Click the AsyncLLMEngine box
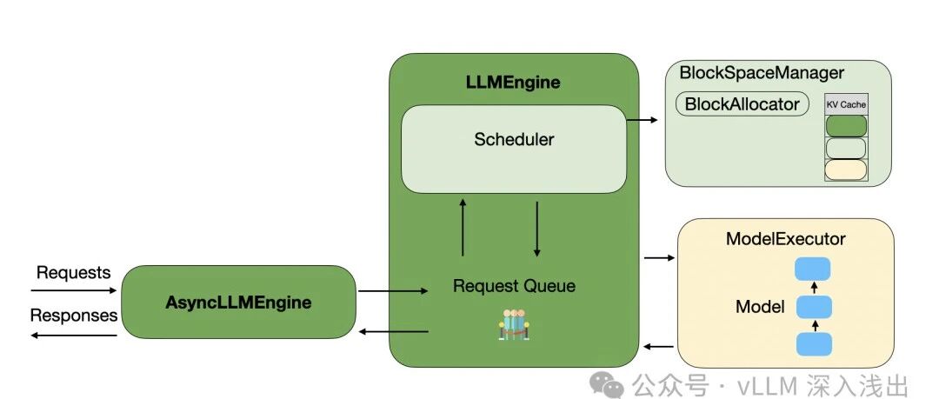[x=238, y=302]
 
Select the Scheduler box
[x=514, y=150]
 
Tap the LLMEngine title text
[x=513, y=83]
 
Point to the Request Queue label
[x=514, y=286]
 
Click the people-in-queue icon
[x=514, y=325]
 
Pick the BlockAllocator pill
[x=742, y=104]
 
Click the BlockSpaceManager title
[x=762, y=73]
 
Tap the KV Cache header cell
[x=846, y=104]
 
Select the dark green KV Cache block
[x=846, y=126]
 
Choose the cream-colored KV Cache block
[x=846, y=170]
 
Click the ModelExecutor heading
[x=786, y=238]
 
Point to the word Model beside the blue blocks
[x=760, y=308]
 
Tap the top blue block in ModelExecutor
[x=813, y=269]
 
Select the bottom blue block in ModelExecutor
[x=814, y=344]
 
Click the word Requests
[x=74, y=273]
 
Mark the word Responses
[x=74, y=316]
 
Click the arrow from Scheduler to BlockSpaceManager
[x=642, y=120]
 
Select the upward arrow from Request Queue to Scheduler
[x=463, y=229]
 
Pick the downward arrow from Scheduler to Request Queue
[x=536, y=229]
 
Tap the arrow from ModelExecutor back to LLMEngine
[x=658, y=346]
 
